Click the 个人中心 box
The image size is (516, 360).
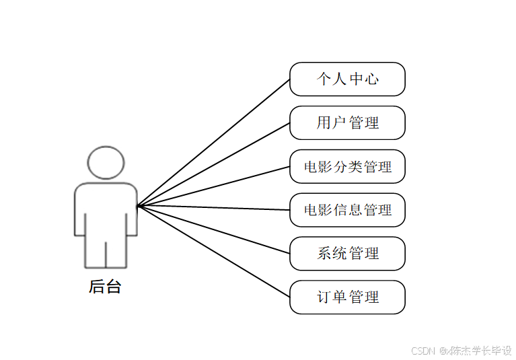(x=347, y=79)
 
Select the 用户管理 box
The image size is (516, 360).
(x=347, y=122)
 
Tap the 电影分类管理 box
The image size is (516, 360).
(x=347, y=166)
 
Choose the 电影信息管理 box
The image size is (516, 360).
(x=347, y=210)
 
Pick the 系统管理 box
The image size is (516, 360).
(x=347, y=254)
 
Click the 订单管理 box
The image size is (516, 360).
(x=347, y=297)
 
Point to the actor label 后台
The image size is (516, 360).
(x=105, y=287)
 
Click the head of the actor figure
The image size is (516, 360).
(x=106, y=162)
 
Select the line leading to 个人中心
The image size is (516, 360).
(x=214, y=143)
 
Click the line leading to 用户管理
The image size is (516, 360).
(x=214, y=165)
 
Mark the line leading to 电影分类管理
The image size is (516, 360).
(x=214, y=186)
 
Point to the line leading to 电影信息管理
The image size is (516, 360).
(x=214, y=208)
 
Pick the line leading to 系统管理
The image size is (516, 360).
(x=214, y=229)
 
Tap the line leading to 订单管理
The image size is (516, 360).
(x=214, y=251)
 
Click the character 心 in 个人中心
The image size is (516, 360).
(x=372, y=79)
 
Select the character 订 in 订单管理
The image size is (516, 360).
(x=324, y=297)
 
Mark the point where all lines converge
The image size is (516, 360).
(x=138, y=206)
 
